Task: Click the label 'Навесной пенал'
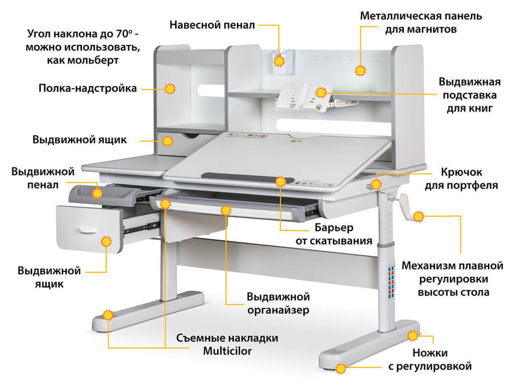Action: [x=212, y=24]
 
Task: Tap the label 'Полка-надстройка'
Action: [x=88, y=88]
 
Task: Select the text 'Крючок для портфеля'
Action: [x=461, y=179]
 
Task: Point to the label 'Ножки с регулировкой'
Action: [x=430, y=360]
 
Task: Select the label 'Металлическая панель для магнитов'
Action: [x=421, y=23]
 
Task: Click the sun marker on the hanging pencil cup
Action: [x=279, y=62]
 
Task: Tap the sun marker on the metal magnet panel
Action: [x=361, y=70]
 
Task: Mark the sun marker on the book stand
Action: [x=322, y=92]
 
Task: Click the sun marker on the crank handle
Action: [x=419, y=216]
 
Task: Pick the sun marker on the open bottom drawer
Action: [x=107, y=241]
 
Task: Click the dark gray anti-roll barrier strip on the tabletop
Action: [x=242, y=176]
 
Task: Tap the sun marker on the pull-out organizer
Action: [x=225, y=210]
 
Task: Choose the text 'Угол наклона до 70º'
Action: [x=82, y=35]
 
